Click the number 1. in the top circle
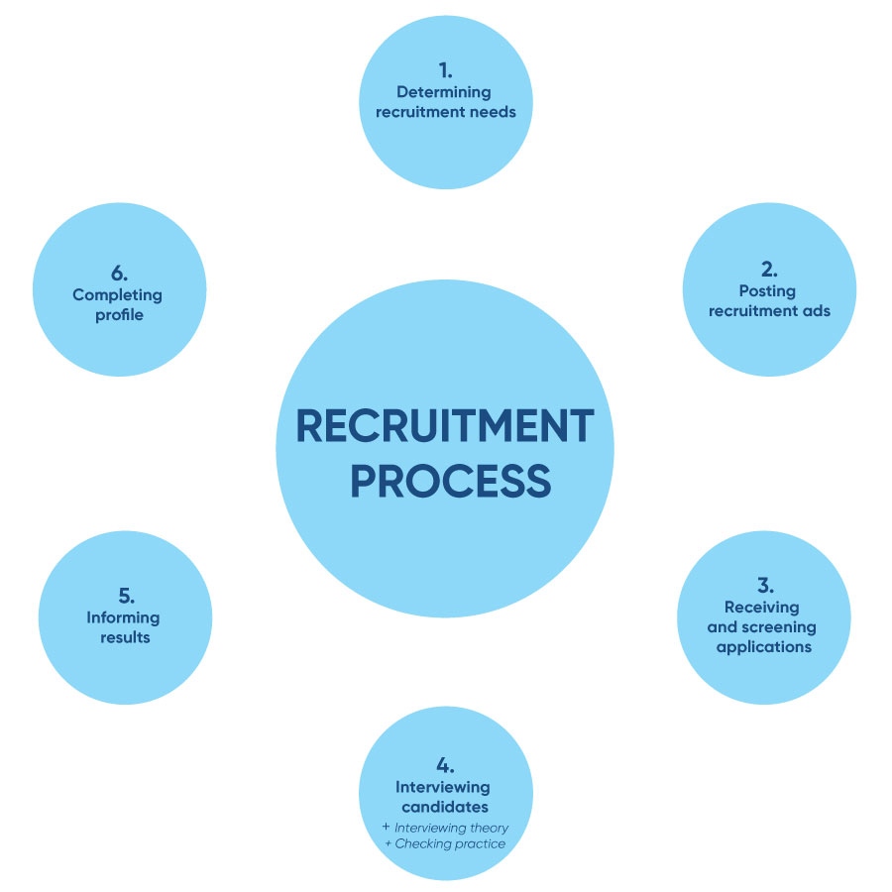click(445, 70)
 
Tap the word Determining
click(445, 92)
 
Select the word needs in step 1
click(492, 112)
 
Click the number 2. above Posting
click(769, 269)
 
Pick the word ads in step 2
click(818, 310)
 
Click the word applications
click(763, 646)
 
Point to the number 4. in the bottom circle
click(445, 765)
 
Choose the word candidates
click(445, 807)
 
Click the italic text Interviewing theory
click(451, 827)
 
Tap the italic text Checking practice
click(450, 843)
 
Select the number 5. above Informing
click(126, 596)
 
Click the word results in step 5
click(125, 637)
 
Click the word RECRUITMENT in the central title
click(445, 426)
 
